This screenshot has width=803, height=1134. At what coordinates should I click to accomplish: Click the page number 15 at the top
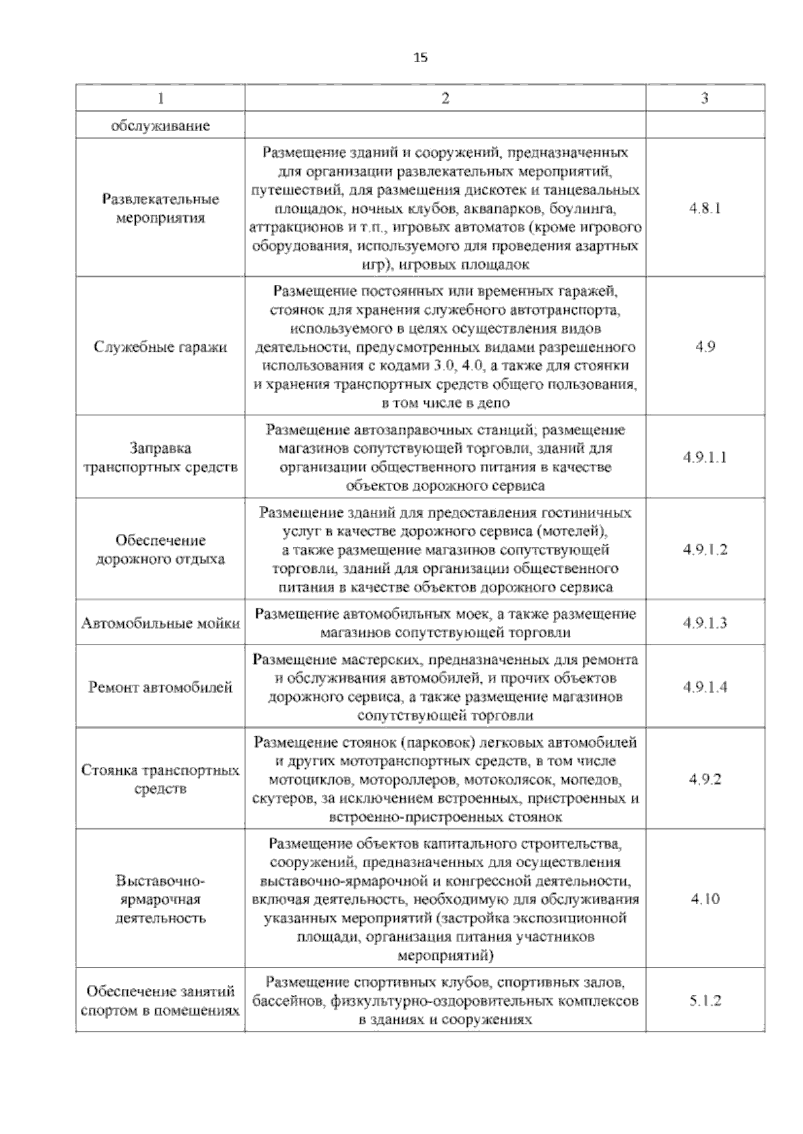pos(420,58)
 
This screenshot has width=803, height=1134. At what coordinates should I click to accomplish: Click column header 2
pos(445,98)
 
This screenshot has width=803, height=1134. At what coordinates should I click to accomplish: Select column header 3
pos(705,98)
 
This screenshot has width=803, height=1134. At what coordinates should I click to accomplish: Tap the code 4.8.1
pos(705,208)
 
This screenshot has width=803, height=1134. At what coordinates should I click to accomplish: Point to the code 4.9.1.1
pos(705,457)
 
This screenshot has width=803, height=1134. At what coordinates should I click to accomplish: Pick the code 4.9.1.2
pos(705,550)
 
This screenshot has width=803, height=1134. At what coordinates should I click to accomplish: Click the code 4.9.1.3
pos(705,623)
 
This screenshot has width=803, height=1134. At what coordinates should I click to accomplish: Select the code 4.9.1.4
pos(705,687)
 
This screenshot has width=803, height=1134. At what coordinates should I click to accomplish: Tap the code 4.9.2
pos(705,780)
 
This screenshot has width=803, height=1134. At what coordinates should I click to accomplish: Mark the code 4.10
pos(705,899)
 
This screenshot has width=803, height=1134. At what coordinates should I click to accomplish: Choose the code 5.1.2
pos(705,1001)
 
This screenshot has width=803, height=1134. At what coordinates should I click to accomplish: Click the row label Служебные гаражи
pos(160,347)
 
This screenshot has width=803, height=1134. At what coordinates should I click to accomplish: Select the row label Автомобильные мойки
pos(160,623)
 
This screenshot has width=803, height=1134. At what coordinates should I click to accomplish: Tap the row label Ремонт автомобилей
pos(160,687)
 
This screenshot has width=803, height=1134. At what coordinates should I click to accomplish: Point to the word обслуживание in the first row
pos(160,126)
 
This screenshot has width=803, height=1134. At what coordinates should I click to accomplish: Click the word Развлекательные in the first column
pos(160,199)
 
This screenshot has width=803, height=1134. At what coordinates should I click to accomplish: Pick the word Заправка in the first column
pos(160,448)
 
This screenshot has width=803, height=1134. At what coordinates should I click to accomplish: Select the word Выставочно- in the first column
pos(160,881)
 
